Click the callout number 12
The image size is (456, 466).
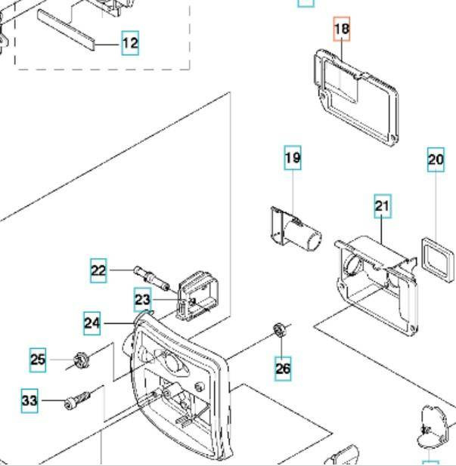(x=130, y=43)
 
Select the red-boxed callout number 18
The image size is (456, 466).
(x=342, y=29)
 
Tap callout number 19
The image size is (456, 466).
(x=293, y=158)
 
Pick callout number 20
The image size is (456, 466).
(x=436, y=159)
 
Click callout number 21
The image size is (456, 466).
(x=383, y=205)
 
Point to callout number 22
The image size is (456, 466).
(x=99, y=270)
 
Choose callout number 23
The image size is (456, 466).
(x=143, y=300)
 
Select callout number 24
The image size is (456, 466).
(x=92, y=323)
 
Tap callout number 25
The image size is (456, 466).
(x=39, y=360)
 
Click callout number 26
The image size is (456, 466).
(x=283, y=369)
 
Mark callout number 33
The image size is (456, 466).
(x=29, y=400)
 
